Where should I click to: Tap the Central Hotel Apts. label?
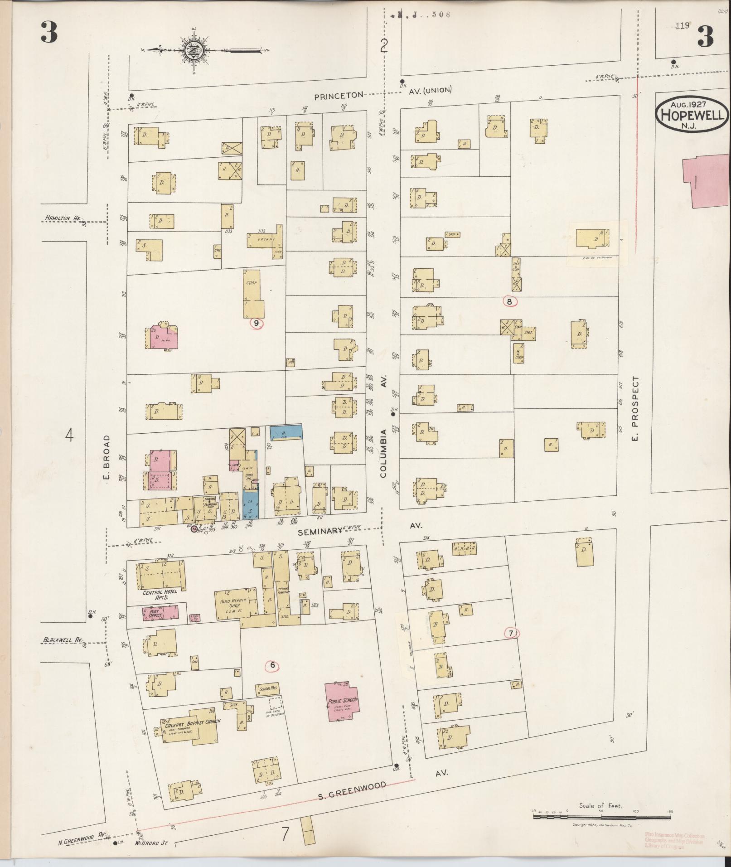point(160,595)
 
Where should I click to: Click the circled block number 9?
point(257,323)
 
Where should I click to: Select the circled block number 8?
point(509,301)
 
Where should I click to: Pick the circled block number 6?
point(272,665)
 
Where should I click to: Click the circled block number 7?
point(511,633)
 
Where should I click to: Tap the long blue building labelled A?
point(286,432)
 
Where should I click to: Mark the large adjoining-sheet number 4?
point(69,436)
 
